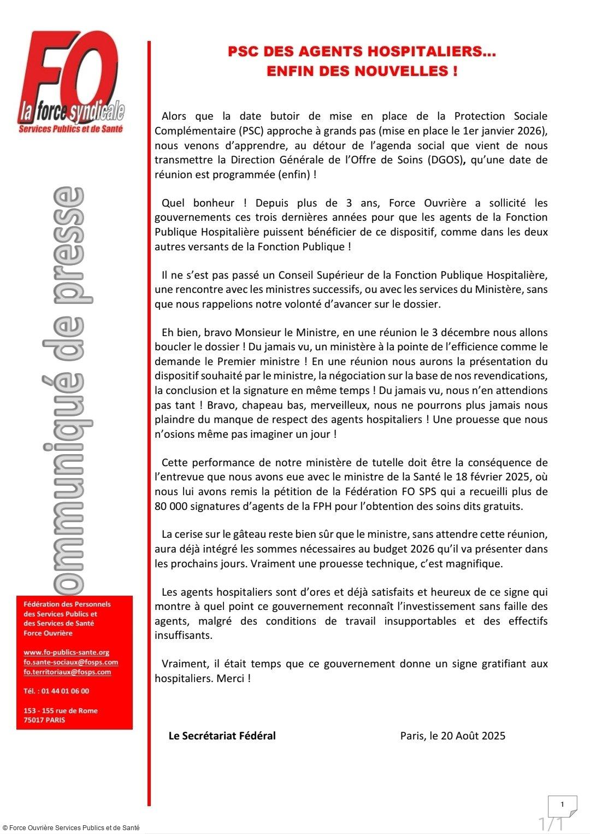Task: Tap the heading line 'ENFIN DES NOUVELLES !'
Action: (362, 71)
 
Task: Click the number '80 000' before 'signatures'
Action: (171, 506)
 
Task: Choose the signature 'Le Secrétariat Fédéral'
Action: (222, 736)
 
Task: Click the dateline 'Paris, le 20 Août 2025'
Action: (452, 736)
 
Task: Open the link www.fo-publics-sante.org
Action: (66, 652)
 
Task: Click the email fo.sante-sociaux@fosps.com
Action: (70, 662)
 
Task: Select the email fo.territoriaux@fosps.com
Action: (67, 672)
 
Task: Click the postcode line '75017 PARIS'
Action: (44, 720)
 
